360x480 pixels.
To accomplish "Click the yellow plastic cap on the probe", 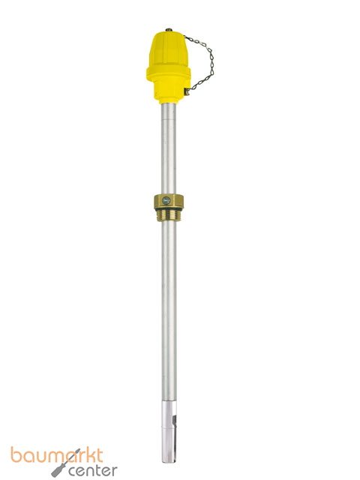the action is click(168, 67).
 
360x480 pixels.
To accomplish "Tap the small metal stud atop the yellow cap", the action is click(169, 30).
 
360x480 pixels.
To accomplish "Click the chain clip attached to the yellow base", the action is click(187, 91).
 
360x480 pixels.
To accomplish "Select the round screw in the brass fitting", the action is click(166, 201).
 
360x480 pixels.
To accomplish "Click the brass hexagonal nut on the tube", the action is click(169, 202).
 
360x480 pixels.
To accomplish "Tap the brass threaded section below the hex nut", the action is click(169, 216).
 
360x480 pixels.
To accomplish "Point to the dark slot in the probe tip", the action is click(174, 420).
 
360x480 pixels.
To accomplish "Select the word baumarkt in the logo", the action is click(57, 456).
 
